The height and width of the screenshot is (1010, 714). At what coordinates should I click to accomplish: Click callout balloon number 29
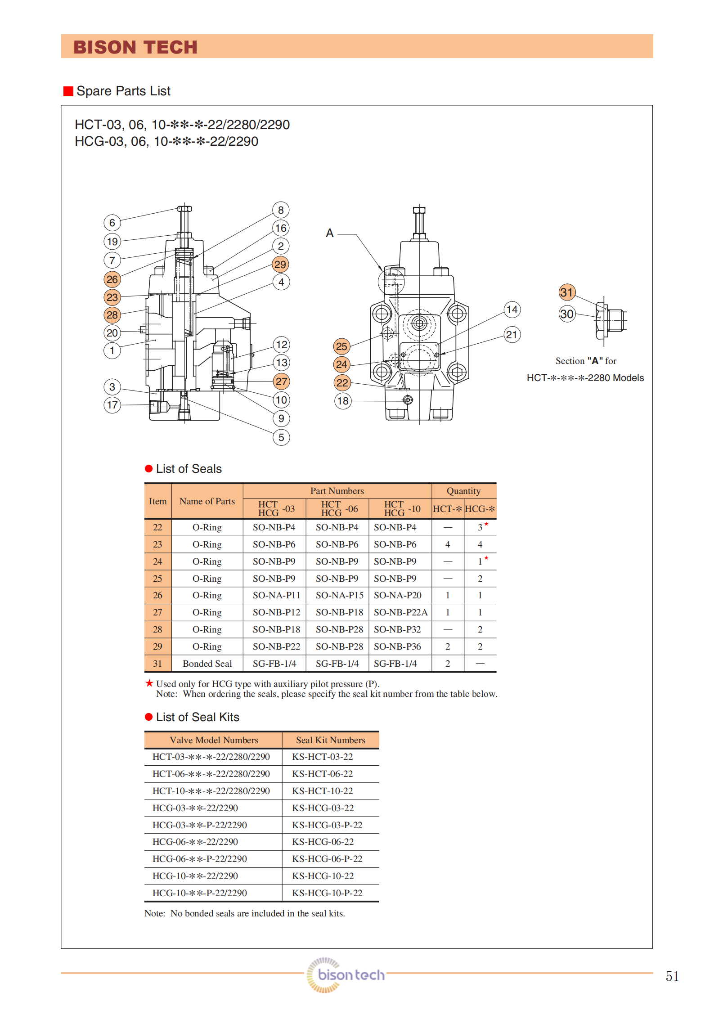[x=280, y=265]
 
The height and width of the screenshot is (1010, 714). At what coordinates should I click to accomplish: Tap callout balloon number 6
[x=112, y=223]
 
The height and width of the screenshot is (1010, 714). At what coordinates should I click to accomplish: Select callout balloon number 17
[x=112, y=405]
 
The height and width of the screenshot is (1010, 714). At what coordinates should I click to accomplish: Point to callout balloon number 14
[x=512, y=310]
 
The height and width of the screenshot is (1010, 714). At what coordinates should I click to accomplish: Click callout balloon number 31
[x=567, y=292]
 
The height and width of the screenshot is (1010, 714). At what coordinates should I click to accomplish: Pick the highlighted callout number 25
[x=341, y=346]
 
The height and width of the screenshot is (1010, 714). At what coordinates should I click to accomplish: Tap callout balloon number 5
[x=281, y=437]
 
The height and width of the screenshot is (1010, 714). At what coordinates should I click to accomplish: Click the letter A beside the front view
[x=330, y=233]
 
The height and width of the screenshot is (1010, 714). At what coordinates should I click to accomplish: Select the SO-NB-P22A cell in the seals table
[x=400, y=612]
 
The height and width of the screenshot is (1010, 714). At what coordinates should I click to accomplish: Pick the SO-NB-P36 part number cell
[x=397, y=646]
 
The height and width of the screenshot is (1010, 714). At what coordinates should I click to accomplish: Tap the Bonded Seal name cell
[x=207, y=664]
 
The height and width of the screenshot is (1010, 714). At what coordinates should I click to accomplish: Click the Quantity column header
[x=463, y=491]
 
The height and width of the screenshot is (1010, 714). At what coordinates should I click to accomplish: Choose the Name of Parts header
[x=207, y=501]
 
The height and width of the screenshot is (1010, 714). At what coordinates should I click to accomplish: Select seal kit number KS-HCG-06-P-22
[x=327, y=859]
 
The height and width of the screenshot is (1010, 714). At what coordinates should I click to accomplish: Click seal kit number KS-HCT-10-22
[x=323, y=791]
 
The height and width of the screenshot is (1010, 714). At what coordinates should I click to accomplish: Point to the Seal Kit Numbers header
[x=330, y=740]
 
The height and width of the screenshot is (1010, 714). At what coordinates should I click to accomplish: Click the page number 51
[x=672, y=976]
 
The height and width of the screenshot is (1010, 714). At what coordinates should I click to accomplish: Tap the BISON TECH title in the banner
[x=135, y=47]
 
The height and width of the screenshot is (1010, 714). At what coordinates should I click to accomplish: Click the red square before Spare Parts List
[x=68, y=91]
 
